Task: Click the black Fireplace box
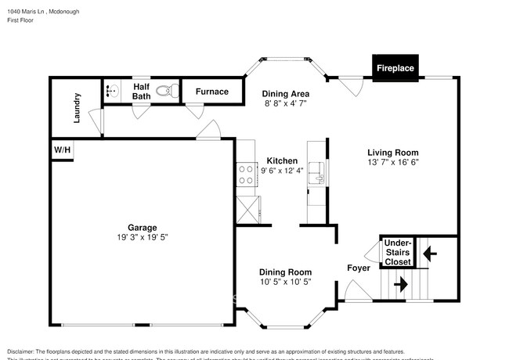[x=395, y=68]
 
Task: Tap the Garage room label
[x=143, y=227]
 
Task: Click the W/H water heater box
[x=61, y=149]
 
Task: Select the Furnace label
[x=211, y=92]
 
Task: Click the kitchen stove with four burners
[x=246, y=174]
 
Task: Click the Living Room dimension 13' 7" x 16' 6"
[x=393, y=163]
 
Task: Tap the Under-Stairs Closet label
[x=397, y=253]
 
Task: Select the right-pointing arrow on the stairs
[x=400, y=285]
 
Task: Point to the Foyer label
[x=359, y=268]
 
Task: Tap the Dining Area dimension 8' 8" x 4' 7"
[x=284, y=103]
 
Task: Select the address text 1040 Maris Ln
[x=28, y=12]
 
